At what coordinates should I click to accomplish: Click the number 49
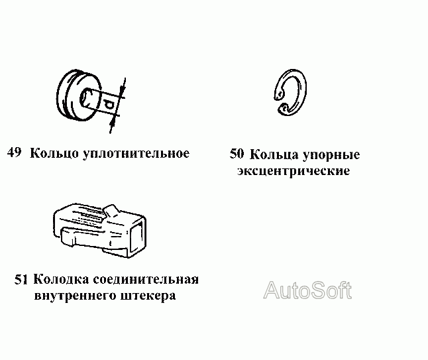pyautogui.click(x=15, y=153)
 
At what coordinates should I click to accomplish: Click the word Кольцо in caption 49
pyautogui.click(x=55, y=154)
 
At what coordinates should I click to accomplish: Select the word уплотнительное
pyautogui.click(x=136, y=154)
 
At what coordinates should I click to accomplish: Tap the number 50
pyautogui.click(x=237, y=154)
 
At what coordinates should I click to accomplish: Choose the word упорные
pyautogui.click(x=332, y=156)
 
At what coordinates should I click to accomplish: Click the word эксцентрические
pyautogui.click(x=293, y=171)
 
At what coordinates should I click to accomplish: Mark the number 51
pyautogui.click(x=21, y=279)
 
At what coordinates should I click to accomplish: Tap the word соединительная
pyautogui.click(x=148, y=279)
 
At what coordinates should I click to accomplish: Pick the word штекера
pyautogui.click(x=150, y=296)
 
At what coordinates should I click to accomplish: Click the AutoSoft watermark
pyautogui.click(x=308, y=290)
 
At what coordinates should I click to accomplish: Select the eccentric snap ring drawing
pyautogui.click(x=291, y=93)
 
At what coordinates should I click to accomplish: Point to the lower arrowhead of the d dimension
pyautogui.click(x=117, y=118)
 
